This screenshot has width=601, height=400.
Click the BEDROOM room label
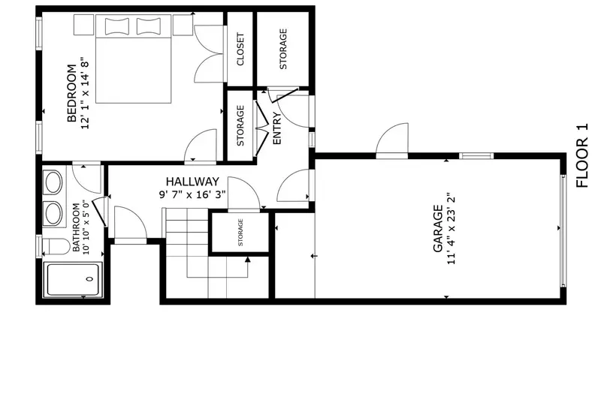point(72,94)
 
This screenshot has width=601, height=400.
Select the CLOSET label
point(240,50)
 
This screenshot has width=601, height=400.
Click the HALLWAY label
point(192,182)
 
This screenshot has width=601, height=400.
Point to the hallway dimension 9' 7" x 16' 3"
point(192,194)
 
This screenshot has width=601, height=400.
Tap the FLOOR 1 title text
point(581,155)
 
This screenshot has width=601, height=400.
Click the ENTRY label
point(276,128)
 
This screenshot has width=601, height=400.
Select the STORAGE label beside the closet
point(283,50)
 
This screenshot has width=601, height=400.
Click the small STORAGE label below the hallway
point(240,233)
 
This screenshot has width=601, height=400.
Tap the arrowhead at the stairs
point(247,260)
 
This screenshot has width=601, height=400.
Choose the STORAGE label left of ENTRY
point(240,125)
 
